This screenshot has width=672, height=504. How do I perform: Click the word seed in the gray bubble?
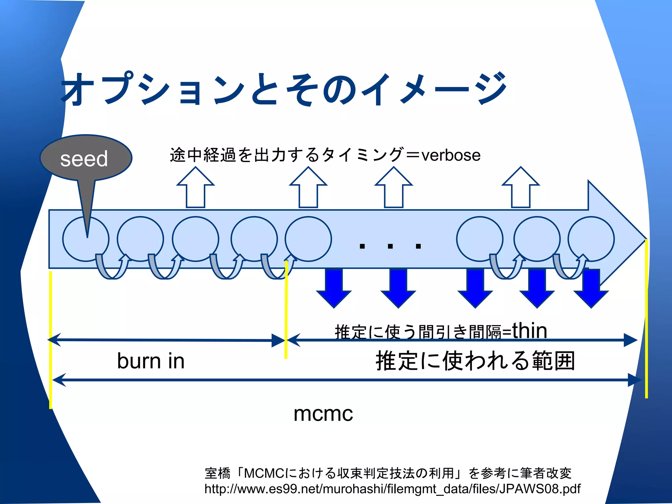click(x=84, y=159)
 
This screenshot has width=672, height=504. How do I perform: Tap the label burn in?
click(x=151, y=361)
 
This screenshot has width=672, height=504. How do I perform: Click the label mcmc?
click(x=323, y=413)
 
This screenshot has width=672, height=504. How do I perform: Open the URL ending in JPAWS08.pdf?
click(x=392, y=489)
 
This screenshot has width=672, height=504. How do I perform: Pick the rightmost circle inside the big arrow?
click(x=591, y=239)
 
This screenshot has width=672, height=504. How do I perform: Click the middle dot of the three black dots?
click(x=390, y=246)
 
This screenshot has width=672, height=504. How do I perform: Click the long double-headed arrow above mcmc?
click(x=346, y=380)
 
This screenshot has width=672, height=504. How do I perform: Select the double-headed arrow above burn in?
click(x=166, y=340)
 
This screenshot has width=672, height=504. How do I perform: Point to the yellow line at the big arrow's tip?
click(x=646, y=318)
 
